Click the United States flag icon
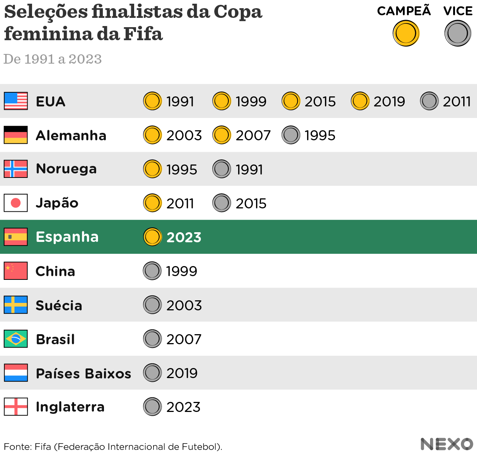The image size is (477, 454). [x=16, y=101]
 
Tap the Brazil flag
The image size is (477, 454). [x=16, y=339]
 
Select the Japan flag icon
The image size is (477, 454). [x=16, y=203]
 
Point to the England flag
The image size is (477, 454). [x=16, y=406]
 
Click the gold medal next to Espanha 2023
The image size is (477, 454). [x=152, y=237]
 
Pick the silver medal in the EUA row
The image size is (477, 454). [x=429, y=101]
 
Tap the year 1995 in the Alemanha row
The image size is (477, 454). [x=320, y=135]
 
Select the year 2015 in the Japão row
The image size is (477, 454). [x=251, y=204]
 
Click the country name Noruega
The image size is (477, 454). [x=66, y=169]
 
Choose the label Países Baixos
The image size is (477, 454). [x=83, y=373]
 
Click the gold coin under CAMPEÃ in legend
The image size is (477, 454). [x=406, y=33]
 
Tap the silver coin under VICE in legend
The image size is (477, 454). [x=458, y=33]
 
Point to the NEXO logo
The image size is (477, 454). [x=446, y=444]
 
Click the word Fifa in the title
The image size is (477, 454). [x=143, y=34]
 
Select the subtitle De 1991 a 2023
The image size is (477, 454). [x=53, y=59]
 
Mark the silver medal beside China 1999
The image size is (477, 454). [x=152, y=271]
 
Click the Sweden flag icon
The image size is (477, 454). [x=16, y=305]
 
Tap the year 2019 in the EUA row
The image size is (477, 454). [x=389, y=102]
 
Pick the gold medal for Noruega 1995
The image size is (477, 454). [x=152, y=169]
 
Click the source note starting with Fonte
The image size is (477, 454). [x=113, y=447]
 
